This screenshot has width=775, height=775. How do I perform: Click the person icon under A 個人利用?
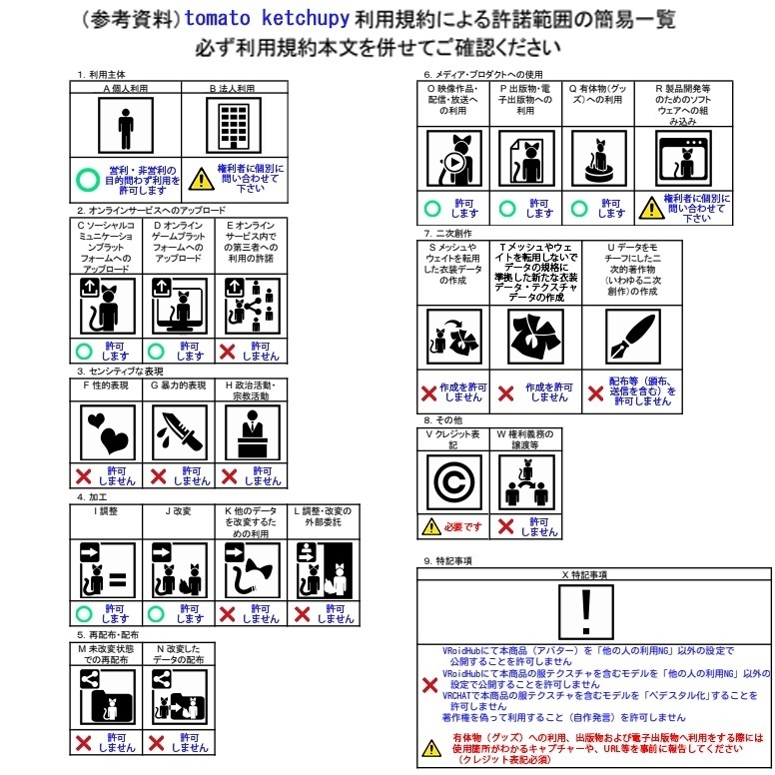pos(125,127)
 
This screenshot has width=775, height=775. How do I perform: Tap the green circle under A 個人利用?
pos(88,181)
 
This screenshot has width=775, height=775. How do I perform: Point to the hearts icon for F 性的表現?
pos(105,432)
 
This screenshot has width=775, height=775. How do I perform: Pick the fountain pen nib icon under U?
pos(633,338)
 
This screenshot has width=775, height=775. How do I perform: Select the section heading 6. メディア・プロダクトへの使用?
pos(483,75)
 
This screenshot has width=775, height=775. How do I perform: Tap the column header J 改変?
pos(179,511)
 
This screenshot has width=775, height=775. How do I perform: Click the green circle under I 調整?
pos(85,612)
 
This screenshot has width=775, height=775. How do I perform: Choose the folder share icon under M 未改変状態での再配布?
pos(105,694)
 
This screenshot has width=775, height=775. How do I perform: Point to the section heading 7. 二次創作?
pos(448,233)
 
